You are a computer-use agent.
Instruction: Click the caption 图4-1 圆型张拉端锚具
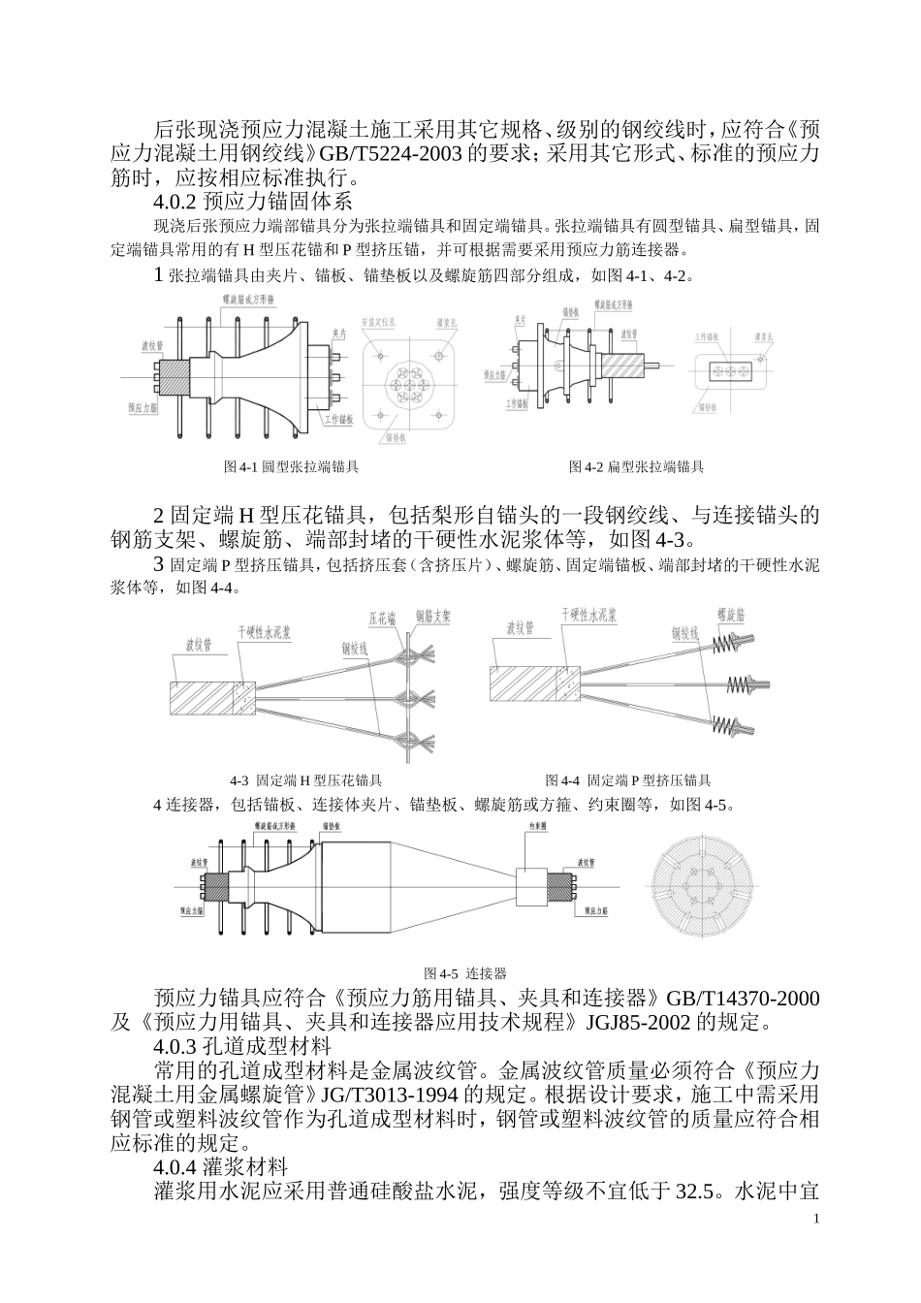291,467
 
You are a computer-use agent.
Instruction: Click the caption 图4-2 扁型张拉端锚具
636,467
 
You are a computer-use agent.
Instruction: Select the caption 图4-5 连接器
465,972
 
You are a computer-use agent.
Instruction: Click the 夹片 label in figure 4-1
339,334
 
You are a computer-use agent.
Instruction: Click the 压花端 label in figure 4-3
382,617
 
